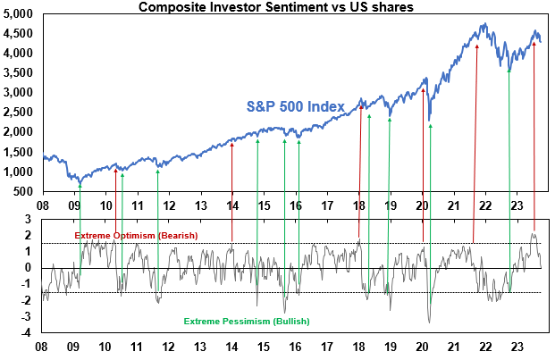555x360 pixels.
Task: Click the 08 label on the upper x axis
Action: click(x=42, y=205)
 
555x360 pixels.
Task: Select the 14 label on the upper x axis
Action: click(x=231, y=205)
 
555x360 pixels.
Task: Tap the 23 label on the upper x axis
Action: click(x=517, y=205)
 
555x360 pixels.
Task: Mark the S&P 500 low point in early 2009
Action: click(x=80, y=183)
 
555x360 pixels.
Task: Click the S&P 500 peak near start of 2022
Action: click(x=484, y=24)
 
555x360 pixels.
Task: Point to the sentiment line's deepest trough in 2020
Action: click(x=430, y=322)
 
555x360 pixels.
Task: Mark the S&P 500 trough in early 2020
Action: click(x=430, y=121)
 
